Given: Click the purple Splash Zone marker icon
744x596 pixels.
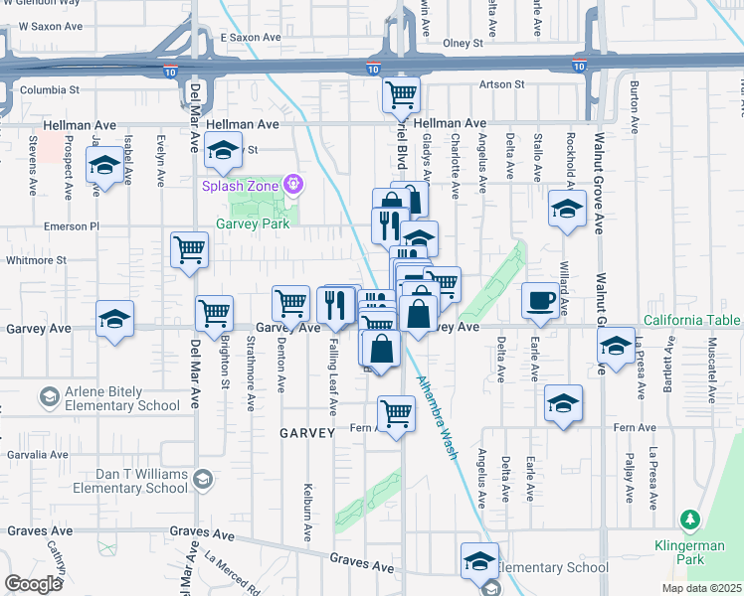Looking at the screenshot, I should pos(292,184).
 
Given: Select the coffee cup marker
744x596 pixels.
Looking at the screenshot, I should pos(540,300).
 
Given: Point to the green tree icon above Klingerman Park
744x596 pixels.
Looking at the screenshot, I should pos(689,519).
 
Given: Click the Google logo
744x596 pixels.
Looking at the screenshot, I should pos(34,584).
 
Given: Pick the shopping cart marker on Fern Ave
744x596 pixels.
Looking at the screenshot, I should pos(396,412).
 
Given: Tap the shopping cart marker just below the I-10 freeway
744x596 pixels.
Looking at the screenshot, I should pos(402,95).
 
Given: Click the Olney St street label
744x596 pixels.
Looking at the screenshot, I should pos(463,43).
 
